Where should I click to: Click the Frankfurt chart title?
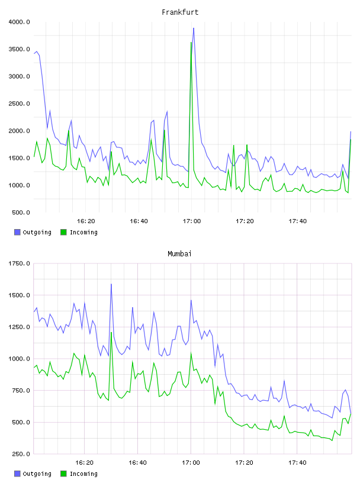pos(180,12)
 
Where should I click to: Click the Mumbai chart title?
pos(179,254)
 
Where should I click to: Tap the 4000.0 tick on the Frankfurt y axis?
pos(19,22)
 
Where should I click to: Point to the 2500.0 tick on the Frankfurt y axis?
pos(19,104)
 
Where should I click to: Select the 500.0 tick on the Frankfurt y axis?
pos(21,212)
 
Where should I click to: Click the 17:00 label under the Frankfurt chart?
pos(192,221)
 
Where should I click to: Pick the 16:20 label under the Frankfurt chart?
pos(86,221)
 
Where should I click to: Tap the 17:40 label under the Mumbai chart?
pos(297,463)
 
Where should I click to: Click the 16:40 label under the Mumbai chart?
pos(138,463)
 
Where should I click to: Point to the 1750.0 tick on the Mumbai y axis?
pos(19,263)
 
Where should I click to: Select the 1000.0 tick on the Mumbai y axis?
pos(19,359)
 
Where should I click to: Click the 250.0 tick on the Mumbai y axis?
pos(21,454)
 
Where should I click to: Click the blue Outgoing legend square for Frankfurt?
pos(17,232)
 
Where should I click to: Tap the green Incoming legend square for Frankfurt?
pos(63,232)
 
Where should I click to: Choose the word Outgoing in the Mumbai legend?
pos(37,474)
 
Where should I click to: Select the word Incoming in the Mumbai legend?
pos(83,474)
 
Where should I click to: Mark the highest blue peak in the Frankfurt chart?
pos(194,28)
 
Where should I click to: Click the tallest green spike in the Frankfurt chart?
pos(191,43)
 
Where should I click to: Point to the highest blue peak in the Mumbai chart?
pos(111,284)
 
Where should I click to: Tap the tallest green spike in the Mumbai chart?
pos(111,333)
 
